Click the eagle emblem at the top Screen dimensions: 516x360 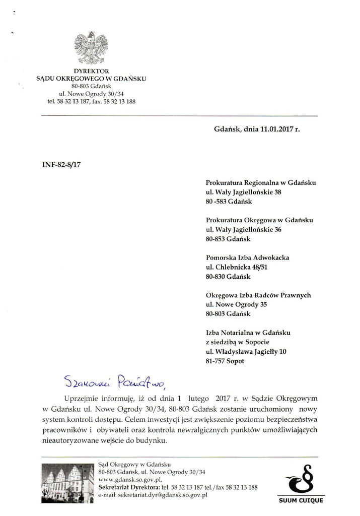91,48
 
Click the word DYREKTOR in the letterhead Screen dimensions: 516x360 91,71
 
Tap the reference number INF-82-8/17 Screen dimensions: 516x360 60,164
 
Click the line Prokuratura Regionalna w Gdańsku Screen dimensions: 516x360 261,183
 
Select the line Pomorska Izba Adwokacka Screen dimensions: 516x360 247,258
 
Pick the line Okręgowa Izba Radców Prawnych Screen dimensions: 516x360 258,295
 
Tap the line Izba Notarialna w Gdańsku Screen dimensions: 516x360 248,333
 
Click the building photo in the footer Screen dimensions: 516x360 67,483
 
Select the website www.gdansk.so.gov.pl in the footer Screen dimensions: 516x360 130,480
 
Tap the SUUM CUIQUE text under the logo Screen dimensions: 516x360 301,500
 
